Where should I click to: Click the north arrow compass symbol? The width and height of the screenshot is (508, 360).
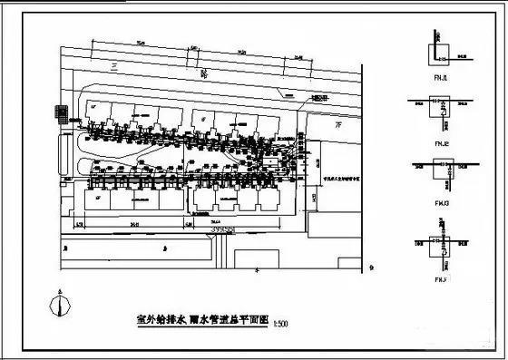(x=61, y=306)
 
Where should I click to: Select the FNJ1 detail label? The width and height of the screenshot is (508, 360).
(x=442, y=78)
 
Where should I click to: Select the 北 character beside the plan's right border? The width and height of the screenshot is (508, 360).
(x=373, y=266)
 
